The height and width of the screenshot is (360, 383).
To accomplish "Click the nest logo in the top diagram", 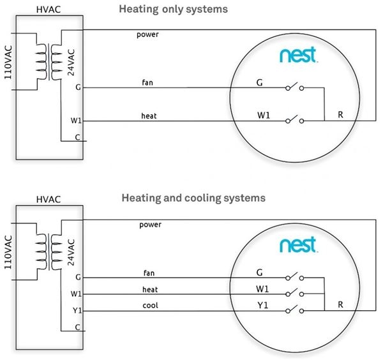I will click(x=298, y=56).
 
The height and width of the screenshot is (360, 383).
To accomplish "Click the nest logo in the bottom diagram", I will click(x=298, y=244).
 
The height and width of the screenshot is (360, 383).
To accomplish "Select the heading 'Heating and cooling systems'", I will click(x=193, y=198).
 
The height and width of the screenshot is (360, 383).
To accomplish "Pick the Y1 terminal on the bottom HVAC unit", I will click(x=77, y=311).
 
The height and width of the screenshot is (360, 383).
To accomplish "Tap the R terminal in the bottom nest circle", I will click(x=341, y=305).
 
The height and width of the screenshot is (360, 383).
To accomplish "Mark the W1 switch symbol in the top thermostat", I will click(x=294, y=119).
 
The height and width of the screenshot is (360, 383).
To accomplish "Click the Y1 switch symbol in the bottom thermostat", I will click(x=294, y=310).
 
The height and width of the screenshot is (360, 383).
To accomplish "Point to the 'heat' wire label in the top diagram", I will click(x=149, y=116).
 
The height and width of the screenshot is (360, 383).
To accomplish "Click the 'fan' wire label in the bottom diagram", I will click(x=149, y=273).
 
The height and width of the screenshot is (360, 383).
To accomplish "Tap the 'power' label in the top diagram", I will click(x=147, y=34).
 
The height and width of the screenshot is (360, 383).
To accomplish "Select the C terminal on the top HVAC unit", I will click(x=77, y=137).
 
